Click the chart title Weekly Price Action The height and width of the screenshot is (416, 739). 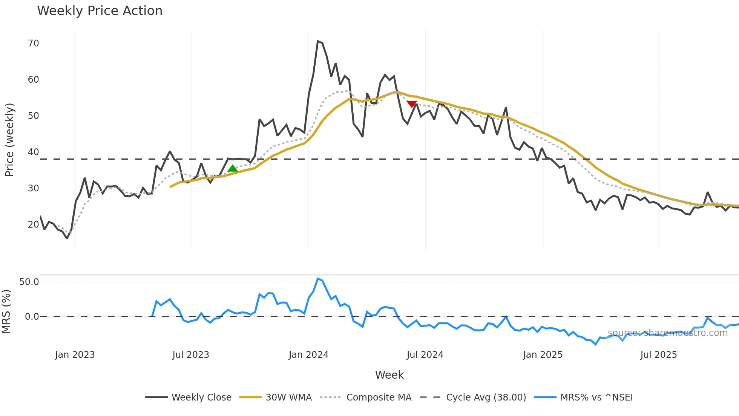click(100, 11)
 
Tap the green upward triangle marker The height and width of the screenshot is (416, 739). click(233, 169)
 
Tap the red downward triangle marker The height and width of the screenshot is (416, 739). click(412, 104)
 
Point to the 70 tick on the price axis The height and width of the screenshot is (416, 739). click(33, 43)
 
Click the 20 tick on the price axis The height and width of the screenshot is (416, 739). click(33, 225)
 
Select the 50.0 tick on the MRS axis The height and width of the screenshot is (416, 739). click(29, 282)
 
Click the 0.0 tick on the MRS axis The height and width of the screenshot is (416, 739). click(32, 317)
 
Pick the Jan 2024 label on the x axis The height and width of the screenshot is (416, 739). click(308, 355)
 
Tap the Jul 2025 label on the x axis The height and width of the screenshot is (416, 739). click(658, 355)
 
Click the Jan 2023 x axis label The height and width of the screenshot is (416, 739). click(75, 355)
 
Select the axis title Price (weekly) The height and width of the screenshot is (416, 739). click(9, 140)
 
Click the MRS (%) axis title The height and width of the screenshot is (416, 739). click(6, 311)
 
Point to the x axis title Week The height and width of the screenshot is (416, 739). click(389, 375)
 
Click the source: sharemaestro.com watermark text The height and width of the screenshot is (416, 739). click(667, 333)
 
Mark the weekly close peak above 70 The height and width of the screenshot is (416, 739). click(318, 41)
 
